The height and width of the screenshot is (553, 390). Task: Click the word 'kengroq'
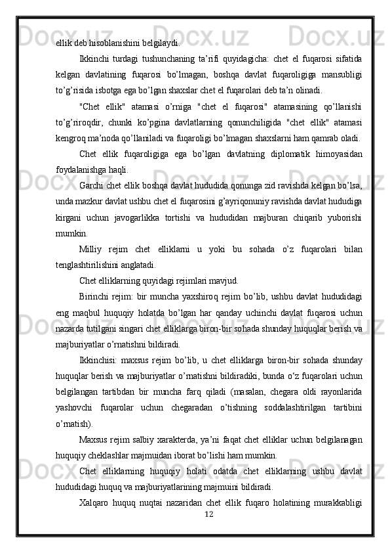pyautogui.click(x=71, y=138)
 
